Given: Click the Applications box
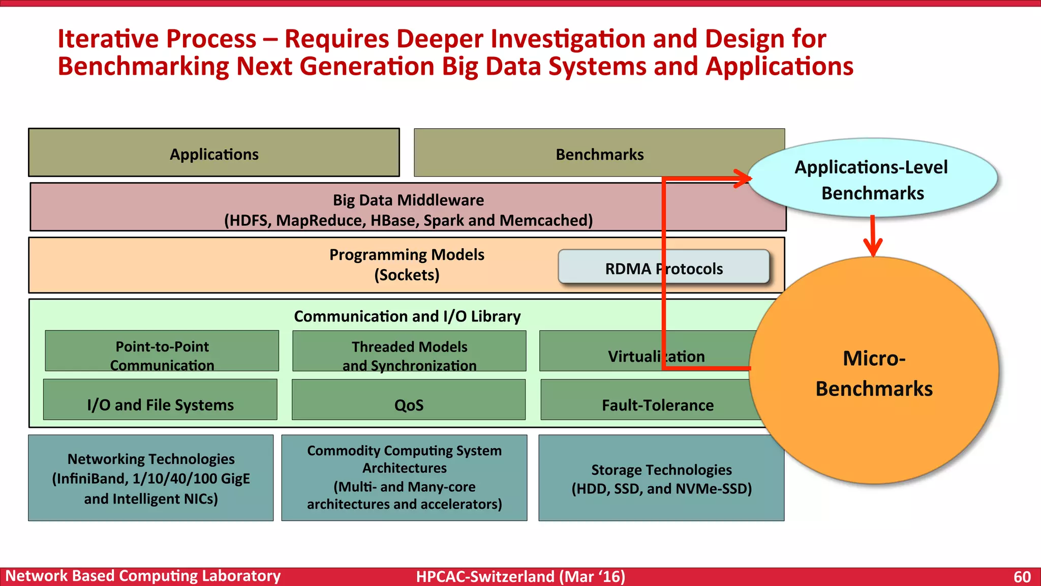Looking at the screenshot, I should click(x=214, y=153).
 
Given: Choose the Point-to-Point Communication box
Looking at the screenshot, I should click(x=162, y=351).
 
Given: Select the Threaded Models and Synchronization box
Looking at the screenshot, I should click(x=409, y=351).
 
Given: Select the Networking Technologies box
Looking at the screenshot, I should click(x=151, y=478).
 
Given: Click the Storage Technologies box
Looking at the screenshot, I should click(x=661, y=478).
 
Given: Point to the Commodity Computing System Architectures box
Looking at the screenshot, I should click(x=404, y=478).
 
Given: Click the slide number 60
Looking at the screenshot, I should click(x=1022, y=577).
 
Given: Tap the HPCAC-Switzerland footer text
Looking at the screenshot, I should click(x=520, y=577).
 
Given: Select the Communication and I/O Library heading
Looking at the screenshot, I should click(x=407, y=316).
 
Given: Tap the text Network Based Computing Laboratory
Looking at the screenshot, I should click(x=143, y=576).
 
